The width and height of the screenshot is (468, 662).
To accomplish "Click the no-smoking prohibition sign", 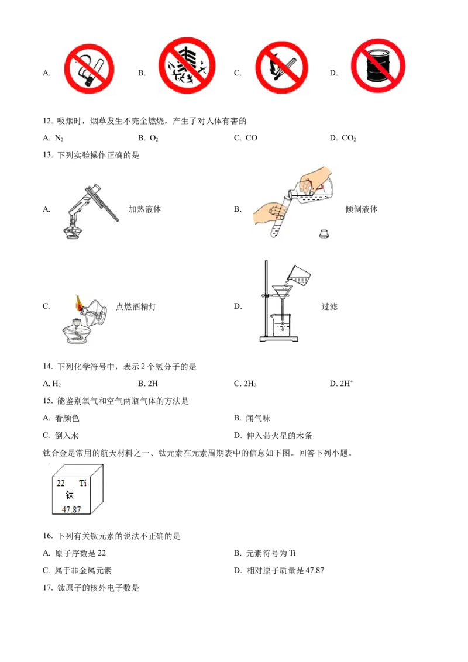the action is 89,69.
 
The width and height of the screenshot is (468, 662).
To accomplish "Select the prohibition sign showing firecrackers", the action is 187,65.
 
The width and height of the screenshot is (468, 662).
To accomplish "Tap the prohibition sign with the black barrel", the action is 377,65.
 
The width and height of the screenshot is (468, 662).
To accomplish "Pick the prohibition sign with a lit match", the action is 282,67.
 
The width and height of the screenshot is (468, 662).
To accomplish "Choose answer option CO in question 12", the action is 251,138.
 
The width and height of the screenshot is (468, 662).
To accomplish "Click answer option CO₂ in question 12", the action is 349,138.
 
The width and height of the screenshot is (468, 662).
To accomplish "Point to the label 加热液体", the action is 144,209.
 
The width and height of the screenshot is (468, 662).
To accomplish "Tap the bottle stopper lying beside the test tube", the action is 324,234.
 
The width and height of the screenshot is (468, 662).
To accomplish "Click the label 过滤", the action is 329,306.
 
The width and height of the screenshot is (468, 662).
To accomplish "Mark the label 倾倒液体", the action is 361,209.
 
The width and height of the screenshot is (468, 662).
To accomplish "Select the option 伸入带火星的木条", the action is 279,436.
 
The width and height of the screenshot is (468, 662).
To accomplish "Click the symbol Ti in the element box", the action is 83,484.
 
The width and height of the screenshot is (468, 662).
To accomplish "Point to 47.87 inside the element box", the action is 71,509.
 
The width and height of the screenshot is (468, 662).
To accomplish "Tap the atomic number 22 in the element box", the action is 61,484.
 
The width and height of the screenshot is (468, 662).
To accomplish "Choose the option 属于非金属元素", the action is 83,570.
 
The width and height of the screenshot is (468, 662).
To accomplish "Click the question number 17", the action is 48,588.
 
